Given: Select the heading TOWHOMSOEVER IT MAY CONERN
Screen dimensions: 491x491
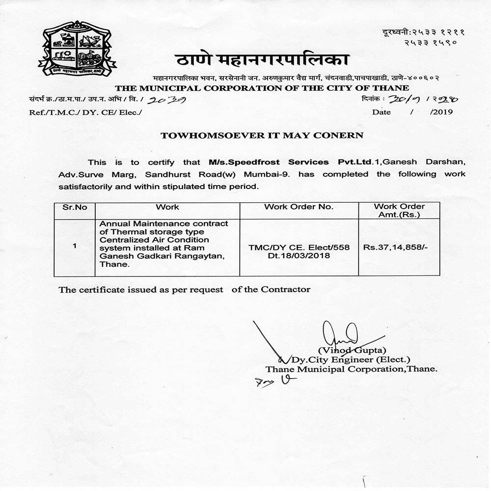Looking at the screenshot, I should point(262,136).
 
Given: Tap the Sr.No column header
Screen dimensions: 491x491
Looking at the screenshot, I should point(75,207).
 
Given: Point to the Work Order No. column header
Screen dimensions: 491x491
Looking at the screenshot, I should point(299,207).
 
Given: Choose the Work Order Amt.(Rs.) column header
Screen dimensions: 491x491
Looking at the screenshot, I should point(399,211).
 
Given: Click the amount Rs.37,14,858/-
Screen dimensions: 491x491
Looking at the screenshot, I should point(396,247).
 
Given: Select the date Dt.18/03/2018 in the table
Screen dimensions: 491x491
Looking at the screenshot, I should point(299,256).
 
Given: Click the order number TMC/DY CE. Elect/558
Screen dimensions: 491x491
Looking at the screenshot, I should point(299,247).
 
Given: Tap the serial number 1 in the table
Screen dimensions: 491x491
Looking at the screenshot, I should point(75,246).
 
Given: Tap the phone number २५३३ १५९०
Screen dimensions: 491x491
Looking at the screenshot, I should point(431,43).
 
